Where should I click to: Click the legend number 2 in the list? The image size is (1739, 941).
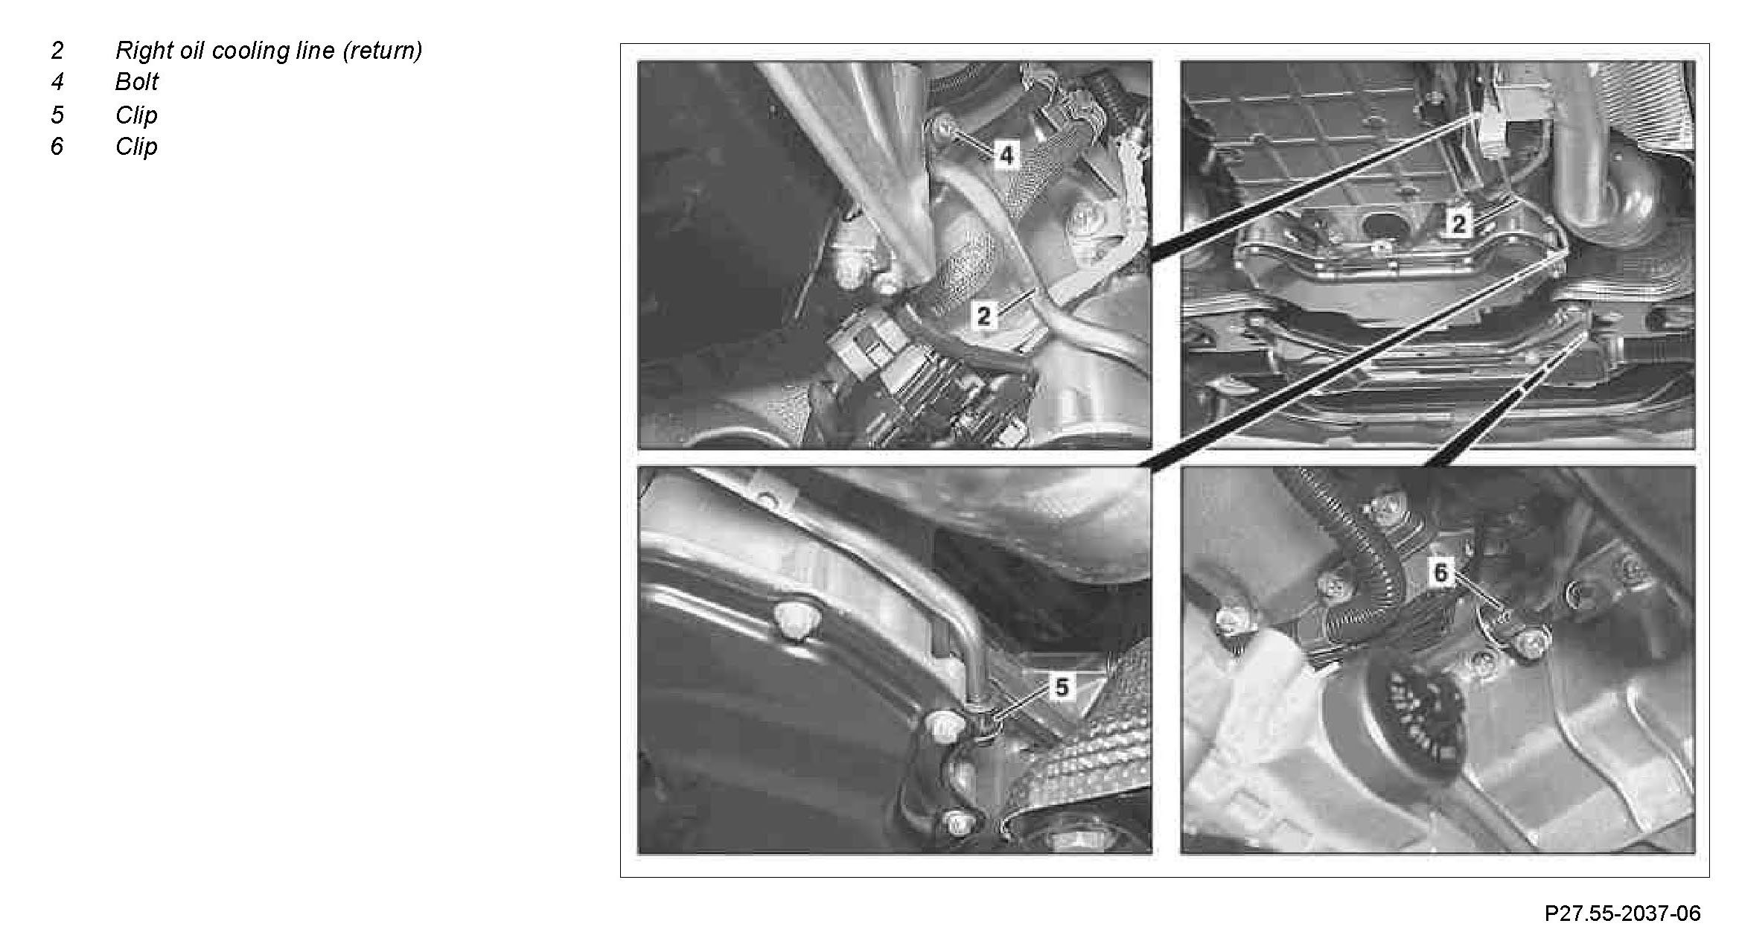57,51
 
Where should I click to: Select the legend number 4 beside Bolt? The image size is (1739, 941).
57,82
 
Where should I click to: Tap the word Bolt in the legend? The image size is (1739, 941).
137,82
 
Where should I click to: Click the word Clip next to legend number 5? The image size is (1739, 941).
137,115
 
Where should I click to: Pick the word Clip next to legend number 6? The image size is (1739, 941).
137,147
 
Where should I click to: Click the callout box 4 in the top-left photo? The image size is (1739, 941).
1006,156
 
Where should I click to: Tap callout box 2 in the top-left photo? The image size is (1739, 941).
983,316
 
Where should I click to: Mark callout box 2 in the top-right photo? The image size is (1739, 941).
1458,223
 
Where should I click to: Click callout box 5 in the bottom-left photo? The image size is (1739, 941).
1062,687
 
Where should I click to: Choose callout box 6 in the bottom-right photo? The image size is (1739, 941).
1441,573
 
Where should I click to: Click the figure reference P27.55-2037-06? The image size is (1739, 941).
1622,913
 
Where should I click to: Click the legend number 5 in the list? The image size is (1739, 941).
57,115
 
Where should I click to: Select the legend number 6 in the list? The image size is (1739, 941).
57,147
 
